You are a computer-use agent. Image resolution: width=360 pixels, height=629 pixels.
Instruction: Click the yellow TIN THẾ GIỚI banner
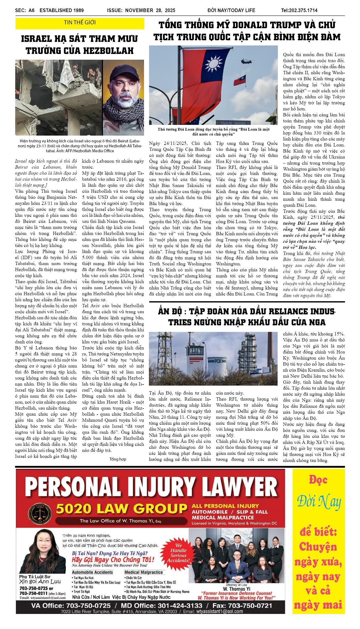click(80, 23)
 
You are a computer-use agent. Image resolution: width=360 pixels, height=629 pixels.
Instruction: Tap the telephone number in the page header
click(299, 10)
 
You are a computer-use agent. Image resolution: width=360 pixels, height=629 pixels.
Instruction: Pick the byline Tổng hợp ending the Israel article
click(118, 459)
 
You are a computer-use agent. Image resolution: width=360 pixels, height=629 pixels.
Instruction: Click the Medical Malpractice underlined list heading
click(143, 572)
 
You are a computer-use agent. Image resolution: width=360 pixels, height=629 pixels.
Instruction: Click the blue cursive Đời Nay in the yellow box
click(319, 502)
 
